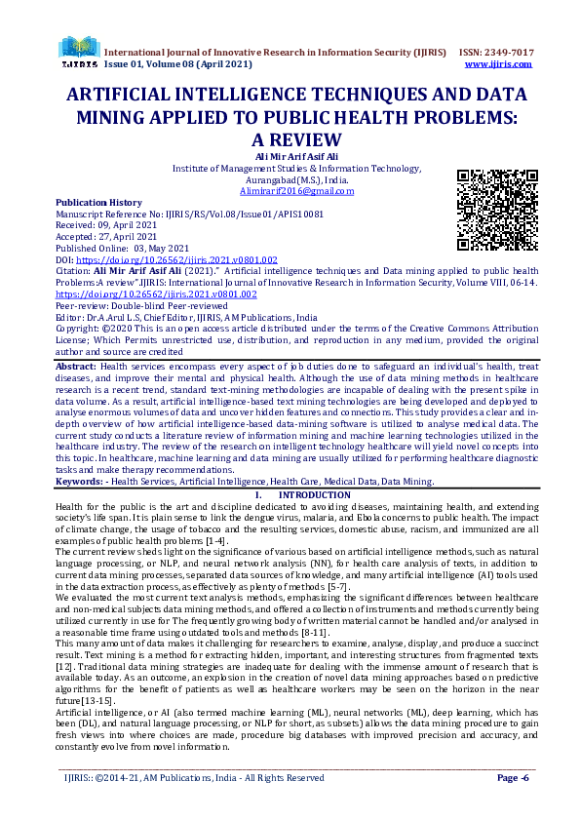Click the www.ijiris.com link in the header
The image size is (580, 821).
click(x=498, y=63)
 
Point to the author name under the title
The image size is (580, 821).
click(x=290, y=156)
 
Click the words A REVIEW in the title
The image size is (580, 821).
click(x=290, y=139)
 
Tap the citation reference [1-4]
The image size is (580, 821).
click(x=213, y=540)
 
